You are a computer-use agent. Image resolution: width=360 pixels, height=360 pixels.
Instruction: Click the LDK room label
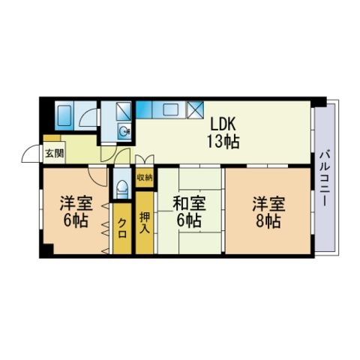click(x=223, y=124)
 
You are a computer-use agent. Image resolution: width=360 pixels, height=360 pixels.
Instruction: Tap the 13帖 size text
click(x=223, y=142)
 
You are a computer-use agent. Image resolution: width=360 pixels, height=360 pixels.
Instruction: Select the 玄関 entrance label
click(x=54, y=153)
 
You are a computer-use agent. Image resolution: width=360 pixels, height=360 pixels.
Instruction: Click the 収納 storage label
click(x=145, y=177)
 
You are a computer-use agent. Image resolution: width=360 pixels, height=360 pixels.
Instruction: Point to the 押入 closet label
click(x=145, y=223)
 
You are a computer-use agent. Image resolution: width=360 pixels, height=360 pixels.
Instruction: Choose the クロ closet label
click(x=122, y=228)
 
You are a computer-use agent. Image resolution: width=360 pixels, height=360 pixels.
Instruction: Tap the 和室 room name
click(x=190, y=203)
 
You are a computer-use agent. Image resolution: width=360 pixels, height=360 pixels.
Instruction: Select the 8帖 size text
click(x=268, y=221)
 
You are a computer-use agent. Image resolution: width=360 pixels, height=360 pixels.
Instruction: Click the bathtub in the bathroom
click(x=64, y=115)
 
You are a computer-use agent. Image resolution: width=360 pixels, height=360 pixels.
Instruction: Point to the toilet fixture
click(x=122, y=189)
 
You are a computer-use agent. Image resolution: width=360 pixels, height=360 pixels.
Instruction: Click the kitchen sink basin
click(x=171, y=109)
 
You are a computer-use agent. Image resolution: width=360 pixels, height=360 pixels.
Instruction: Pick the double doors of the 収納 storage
click(x=145, y=160)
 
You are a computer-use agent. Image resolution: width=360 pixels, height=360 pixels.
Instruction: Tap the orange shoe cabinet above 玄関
click(x=52, y=138)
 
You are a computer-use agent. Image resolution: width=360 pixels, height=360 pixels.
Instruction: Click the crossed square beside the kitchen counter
click(x=196, y=109)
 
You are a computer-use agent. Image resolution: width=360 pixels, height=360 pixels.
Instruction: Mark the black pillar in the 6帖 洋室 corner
click(x=48, y=249)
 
